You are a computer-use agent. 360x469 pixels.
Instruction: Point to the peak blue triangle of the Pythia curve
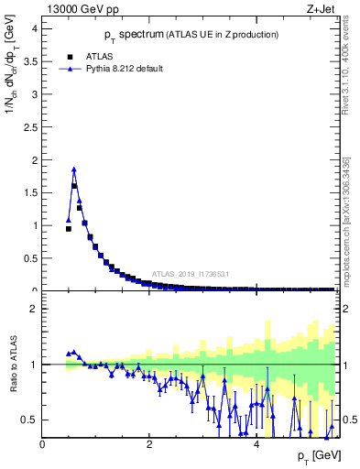[74, 169]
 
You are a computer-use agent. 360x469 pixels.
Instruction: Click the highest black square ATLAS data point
[74, 186]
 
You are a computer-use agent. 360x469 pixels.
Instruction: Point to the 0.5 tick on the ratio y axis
[29, 420]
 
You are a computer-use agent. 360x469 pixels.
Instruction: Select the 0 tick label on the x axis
[42, 444]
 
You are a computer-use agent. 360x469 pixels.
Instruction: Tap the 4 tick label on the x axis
[257, 444]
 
